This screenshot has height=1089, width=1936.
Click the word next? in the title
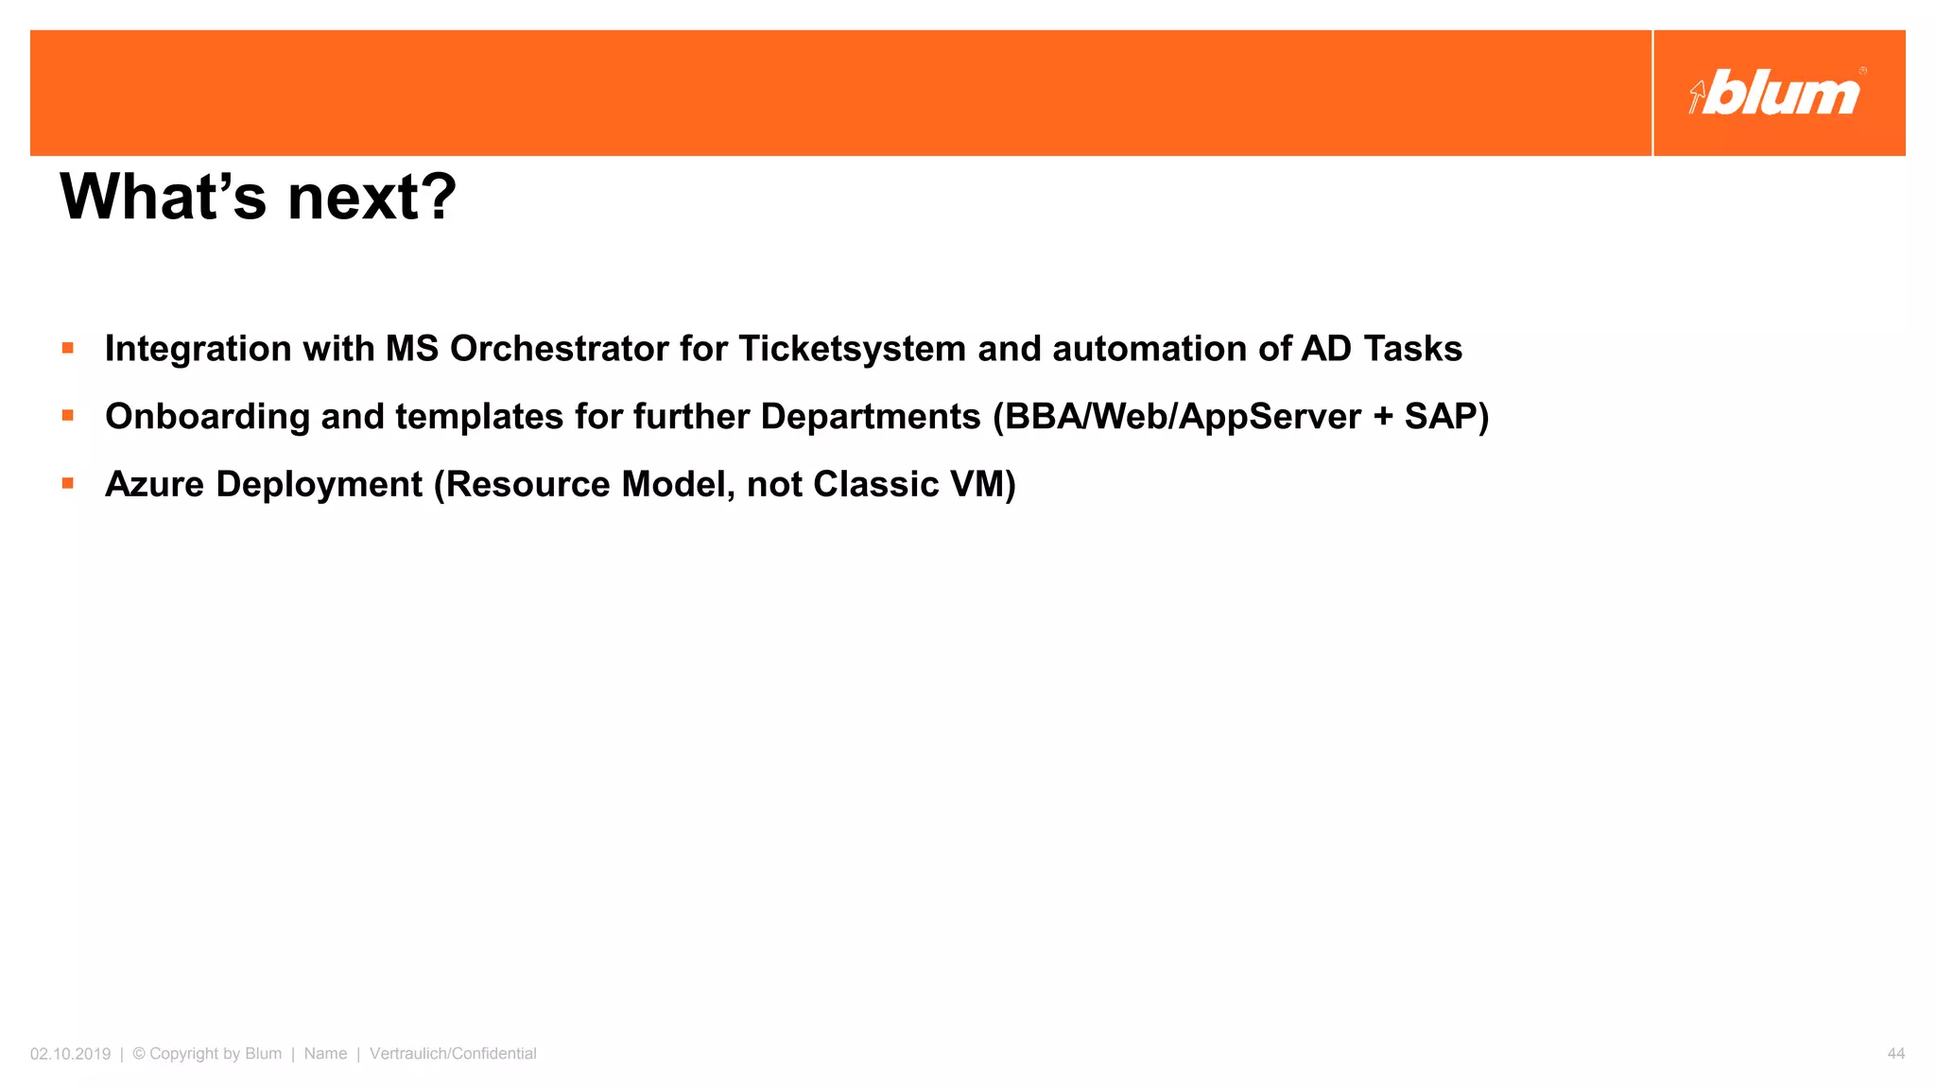[372, 198]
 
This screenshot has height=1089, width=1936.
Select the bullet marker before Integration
[68, 348]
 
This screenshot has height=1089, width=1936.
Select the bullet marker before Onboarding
[68, 415]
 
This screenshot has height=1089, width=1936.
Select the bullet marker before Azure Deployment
[68, 483]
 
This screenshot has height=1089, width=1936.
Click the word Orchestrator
[560, 349]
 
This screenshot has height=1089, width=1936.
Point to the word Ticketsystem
[852, 349]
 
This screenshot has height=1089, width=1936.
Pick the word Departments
[871, 417]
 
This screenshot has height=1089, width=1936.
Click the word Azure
[154, 485]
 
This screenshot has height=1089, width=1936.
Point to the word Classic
[875, 485]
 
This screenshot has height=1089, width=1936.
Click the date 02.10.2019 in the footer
[70, 1053]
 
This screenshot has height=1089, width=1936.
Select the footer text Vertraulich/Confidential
[453, 1053]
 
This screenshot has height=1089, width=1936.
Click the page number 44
[1895, 1053]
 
